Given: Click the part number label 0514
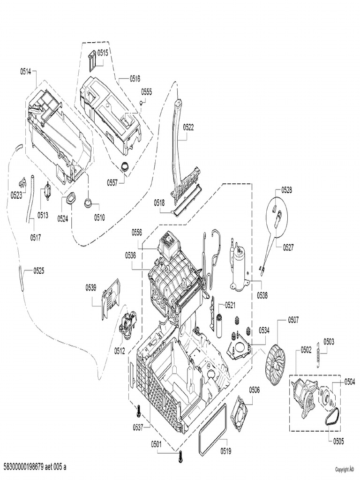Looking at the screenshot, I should [25, 71].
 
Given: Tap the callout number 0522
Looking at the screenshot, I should [188, 127].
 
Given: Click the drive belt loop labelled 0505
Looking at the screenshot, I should [331, 415].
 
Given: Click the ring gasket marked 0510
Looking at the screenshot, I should [88, 203].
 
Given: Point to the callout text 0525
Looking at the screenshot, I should [38, 271].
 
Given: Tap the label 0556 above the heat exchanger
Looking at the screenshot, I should [137, 232].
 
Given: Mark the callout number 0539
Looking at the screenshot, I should [91, 287].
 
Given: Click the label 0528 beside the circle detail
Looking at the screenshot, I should [286, 190].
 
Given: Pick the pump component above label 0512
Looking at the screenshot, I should [127, 323].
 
